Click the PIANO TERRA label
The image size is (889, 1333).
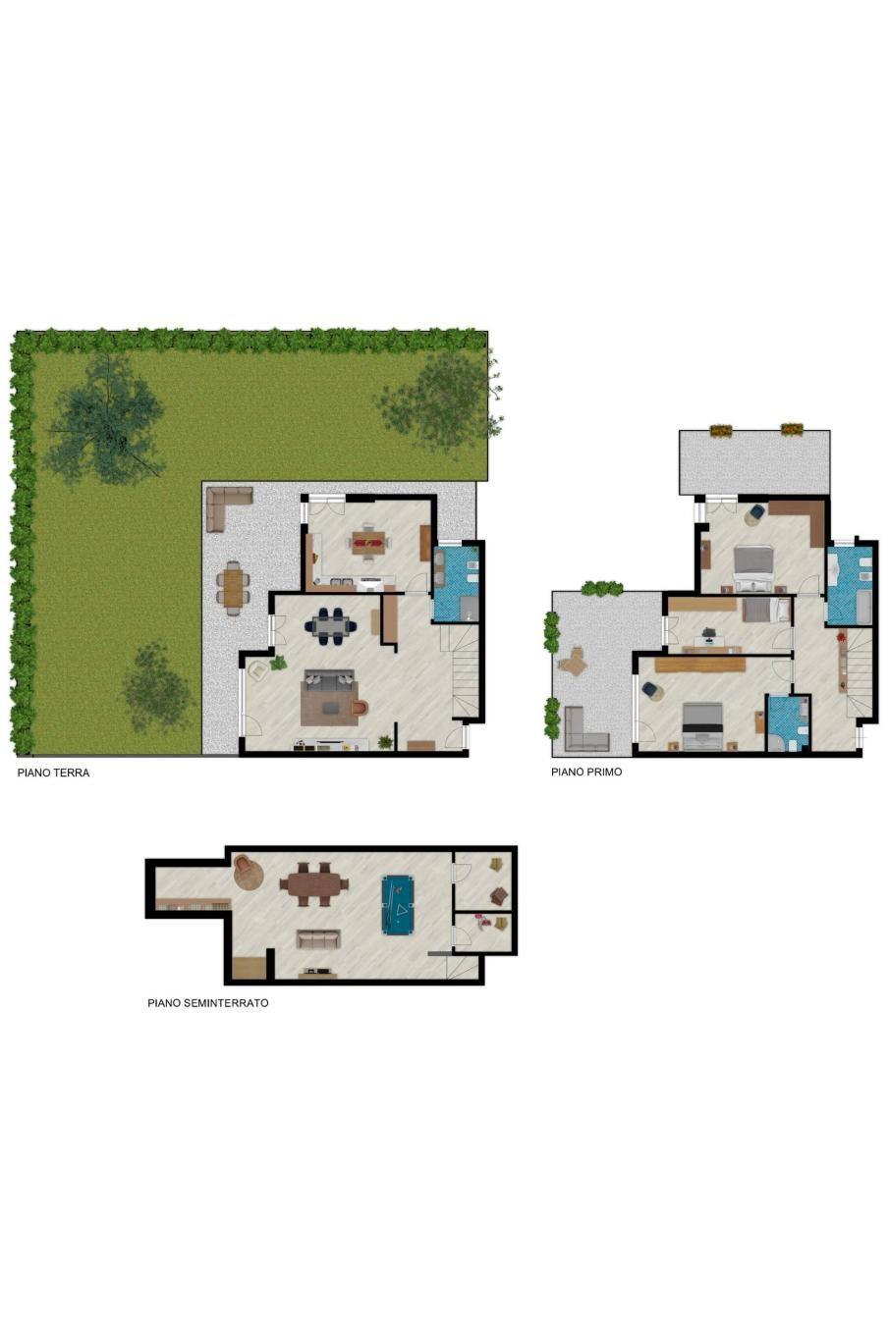click(x=53, y=773)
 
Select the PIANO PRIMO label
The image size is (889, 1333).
click(x=585, y=772)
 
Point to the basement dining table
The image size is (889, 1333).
click(x=313, y=884)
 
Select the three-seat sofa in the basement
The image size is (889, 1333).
click(x=318, y=939)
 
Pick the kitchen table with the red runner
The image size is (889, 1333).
click(x=369, y=542)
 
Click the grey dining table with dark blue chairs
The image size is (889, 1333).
click(x=330, y=625)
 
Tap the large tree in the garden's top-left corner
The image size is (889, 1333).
click(x=106, y=419)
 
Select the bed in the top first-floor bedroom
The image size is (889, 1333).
click(x=753, y=567)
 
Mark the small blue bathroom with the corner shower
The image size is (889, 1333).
click(x=787, y=723)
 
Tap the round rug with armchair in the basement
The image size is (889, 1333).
click(x=248, y=873)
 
